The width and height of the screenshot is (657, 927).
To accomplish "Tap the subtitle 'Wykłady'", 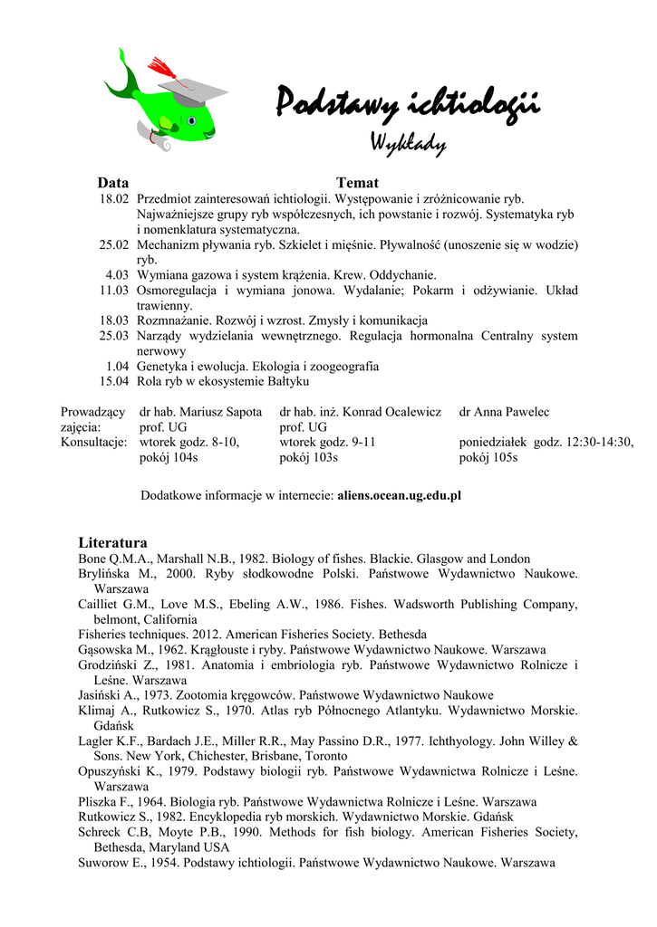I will click(x=407, y=142).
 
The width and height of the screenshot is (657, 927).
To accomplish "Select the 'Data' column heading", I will click(x=113, y=182).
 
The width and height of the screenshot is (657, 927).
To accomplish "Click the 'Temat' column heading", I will click(x=357, y=182).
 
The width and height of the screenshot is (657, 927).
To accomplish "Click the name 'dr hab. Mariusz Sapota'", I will click(x=201, y=412).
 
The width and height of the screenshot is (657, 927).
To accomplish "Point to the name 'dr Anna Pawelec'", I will click(x=504, y=412).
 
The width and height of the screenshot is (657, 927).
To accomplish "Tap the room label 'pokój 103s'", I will click(x=308, y=458).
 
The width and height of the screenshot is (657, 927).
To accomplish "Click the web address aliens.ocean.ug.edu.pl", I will click(x=400, y=496).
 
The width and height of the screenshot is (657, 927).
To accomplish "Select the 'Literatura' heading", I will click(x=113, y=542).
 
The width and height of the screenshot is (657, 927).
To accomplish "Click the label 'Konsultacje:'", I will click(x=93, y=443).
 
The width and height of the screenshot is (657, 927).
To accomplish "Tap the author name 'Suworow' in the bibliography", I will click(x=105, y=864).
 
